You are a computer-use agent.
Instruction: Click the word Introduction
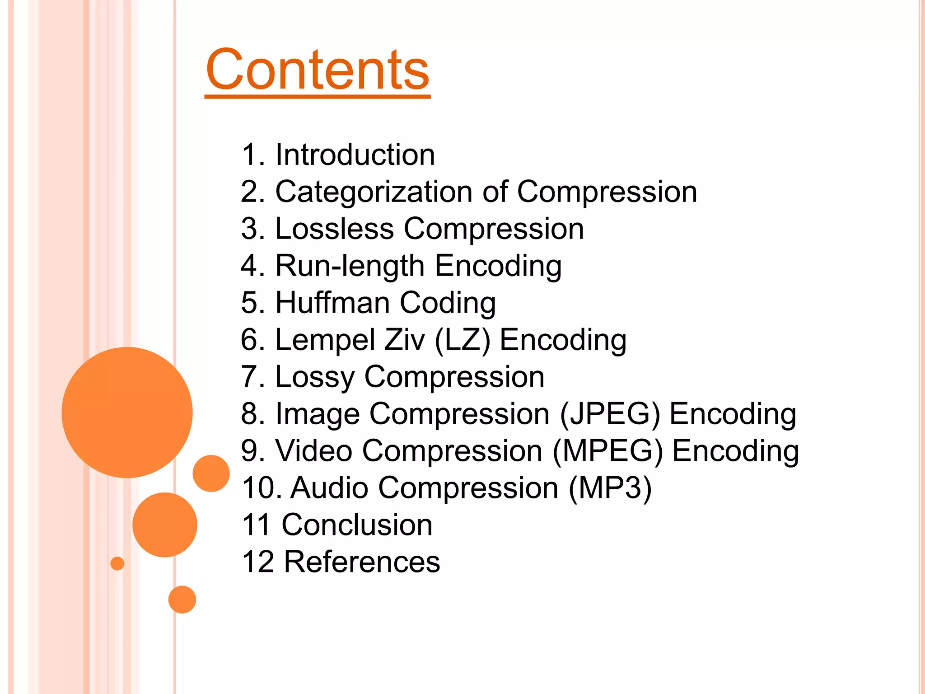point(355,155)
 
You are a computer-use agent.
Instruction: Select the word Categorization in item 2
point(374,192)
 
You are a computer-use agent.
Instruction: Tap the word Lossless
point(334,229)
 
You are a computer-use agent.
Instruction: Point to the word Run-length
point(350,266)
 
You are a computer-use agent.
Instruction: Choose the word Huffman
point(332,303)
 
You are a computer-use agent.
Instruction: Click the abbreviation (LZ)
point(462,340)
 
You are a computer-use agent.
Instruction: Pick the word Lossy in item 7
point(314,377)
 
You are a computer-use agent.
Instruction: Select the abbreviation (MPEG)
point(608,451)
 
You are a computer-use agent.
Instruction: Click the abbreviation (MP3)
point(610,488)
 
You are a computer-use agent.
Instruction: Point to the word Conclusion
point(357,525)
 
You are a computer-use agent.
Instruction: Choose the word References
point(362,562)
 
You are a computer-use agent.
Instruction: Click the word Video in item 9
point(313,451)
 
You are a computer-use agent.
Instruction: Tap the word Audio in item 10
point(329,488)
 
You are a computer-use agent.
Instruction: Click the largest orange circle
point(127,412)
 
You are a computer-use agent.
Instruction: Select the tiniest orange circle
point(117,563)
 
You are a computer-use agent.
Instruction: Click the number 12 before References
point(258,562)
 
